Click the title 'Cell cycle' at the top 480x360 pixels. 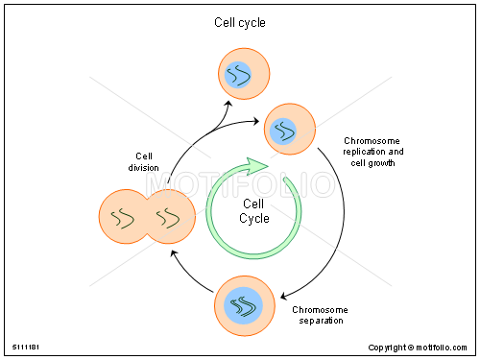tap(239, 22)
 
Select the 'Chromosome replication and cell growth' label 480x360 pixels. tap(373, 152)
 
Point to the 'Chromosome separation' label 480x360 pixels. tap(320, 315)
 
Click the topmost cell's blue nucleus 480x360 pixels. tap(237, 74)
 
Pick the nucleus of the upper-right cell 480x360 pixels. tap(284, 130)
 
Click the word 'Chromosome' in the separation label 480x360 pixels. tap(320, 309)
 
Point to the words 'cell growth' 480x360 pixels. tap(373, 163)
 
